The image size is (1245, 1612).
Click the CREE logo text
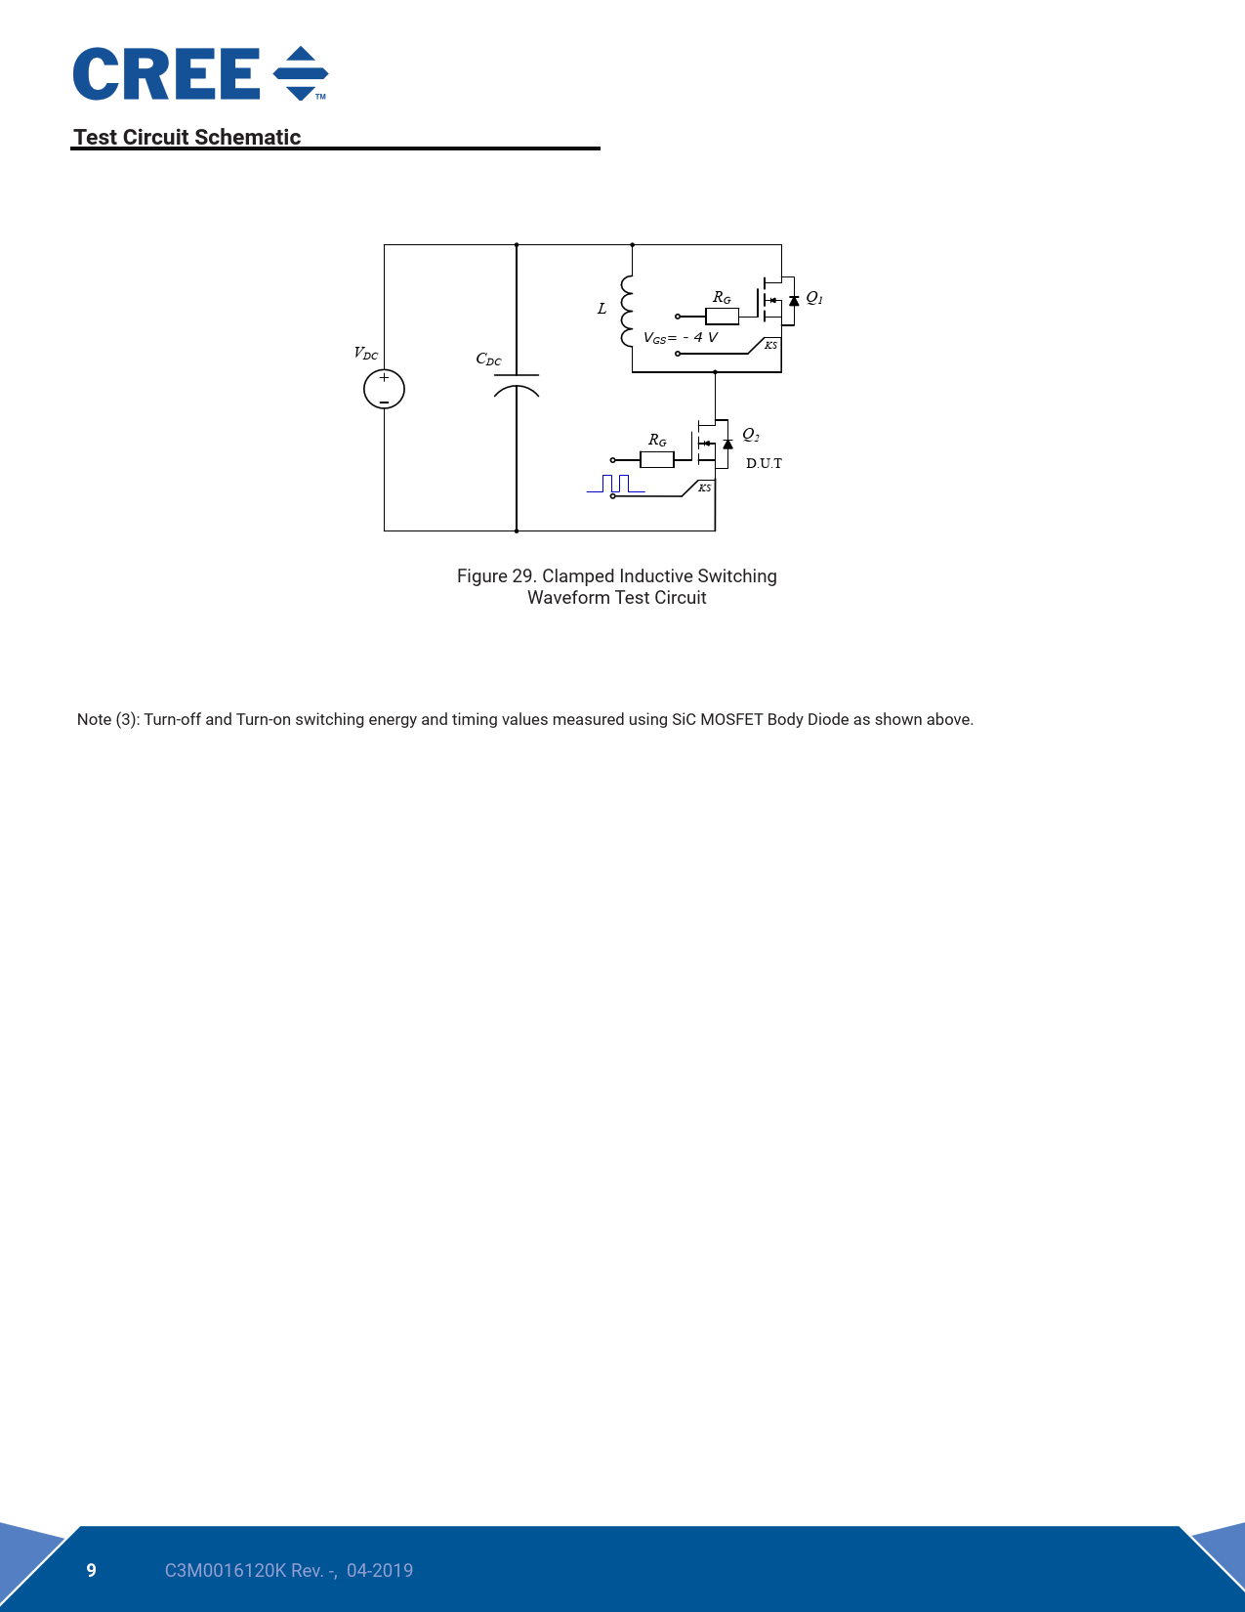pos(166,73)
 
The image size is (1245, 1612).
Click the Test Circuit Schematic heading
pos(187,137)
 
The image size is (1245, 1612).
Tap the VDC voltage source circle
pos(384,389)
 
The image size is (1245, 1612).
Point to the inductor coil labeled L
pos(627,311)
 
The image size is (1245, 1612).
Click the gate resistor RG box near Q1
pos(722,317)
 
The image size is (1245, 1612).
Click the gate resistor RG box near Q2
pos(657,460)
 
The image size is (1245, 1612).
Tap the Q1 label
pos(814,297)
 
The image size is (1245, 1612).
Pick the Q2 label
pos(750,434)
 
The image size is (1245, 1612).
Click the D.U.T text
pos(764,464)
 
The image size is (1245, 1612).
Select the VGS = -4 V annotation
pos(680,337)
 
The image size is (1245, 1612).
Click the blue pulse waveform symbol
pos(615,484)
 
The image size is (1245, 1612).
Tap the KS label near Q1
pos(771,345)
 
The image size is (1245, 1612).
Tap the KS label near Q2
pos(704,488)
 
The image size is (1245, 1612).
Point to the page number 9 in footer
pos(91,1570)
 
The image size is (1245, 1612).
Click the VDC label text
pos(365,353)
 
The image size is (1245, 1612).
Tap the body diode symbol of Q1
pos(794,301)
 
